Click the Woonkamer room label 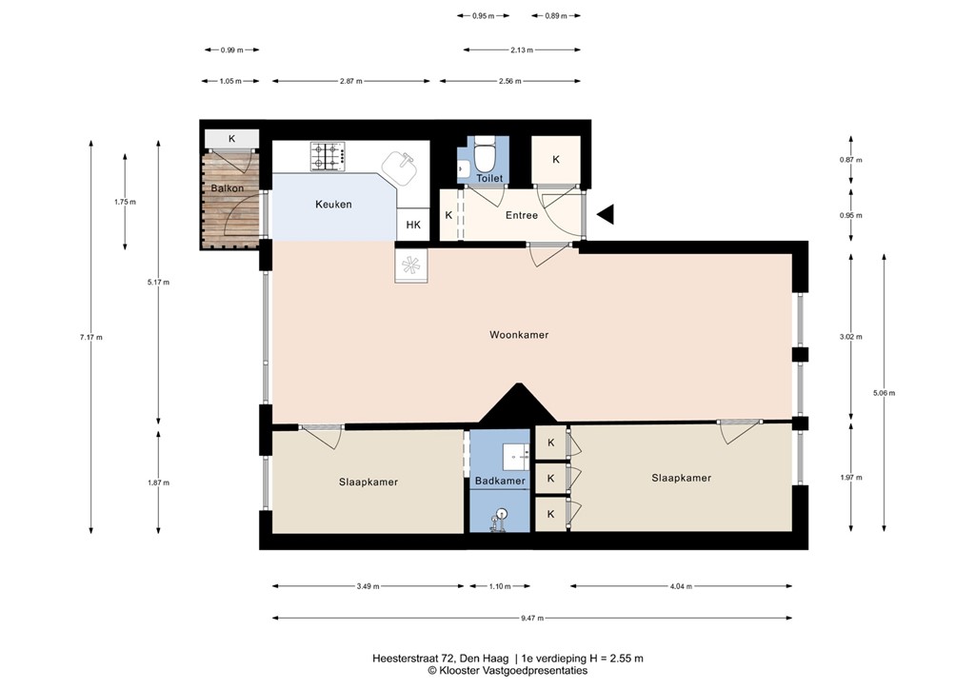click(519, 335)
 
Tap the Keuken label click(333, 205)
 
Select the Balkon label click(228, 188)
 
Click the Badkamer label click(500, 482)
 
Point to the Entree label click(522, 215)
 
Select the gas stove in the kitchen click(327, 157)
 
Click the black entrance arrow click(605, 215)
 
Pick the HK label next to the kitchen click(413, 226)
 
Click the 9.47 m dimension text click(533, 619)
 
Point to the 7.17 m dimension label click(91, 337)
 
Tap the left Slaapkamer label click(368, 482)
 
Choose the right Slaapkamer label click(681, 478)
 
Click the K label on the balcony click(231, 139)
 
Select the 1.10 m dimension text click(499, 586)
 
